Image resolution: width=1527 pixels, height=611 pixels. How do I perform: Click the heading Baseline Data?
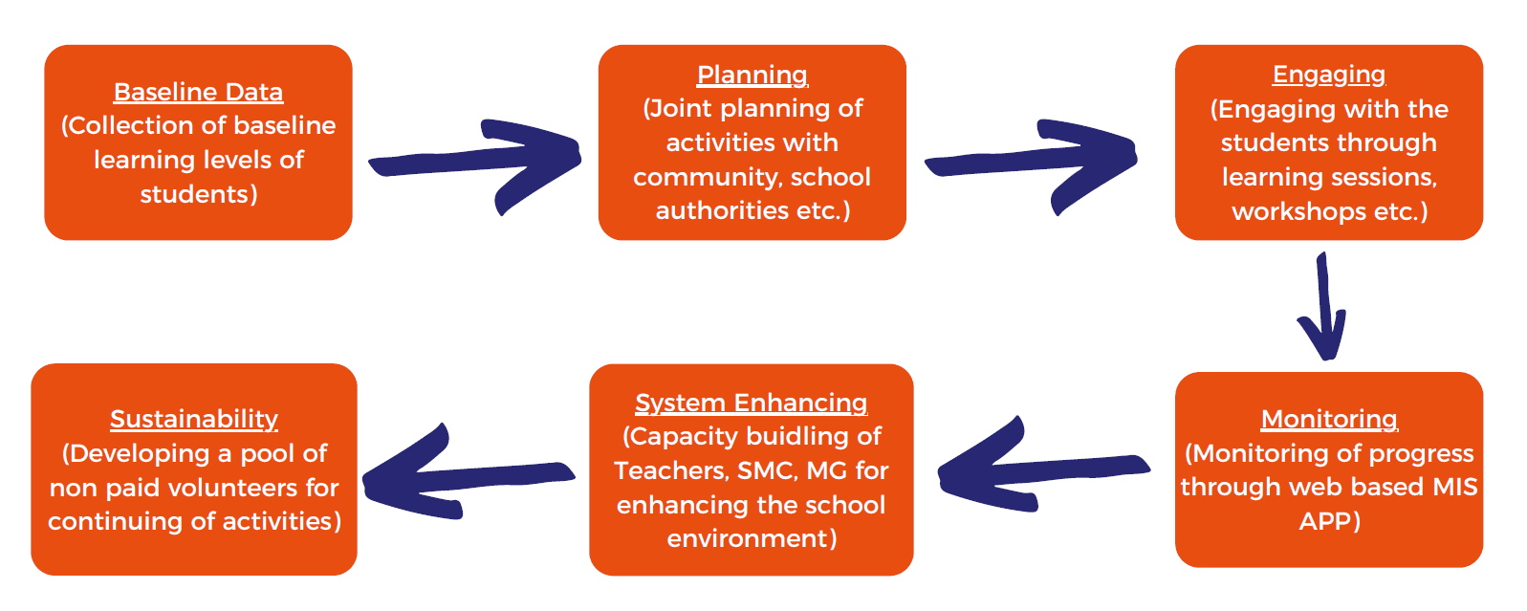pyautogui.click(x=198, y=92)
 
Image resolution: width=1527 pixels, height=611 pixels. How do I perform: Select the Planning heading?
pyautogui.click(x=753, y=75)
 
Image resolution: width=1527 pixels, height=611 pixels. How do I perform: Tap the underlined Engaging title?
pyautogui.click(x=1329, y=75)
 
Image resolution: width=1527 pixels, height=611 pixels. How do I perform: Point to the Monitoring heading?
pyautogui.click(x=1329, y=419)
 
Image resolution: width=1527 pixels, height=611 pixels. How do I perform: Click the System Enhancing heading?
pyautogui.click(x=752, y=403)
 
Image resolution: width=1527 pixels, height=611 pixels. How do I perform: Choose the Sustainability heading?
pyautogui.click(x=194, y=420)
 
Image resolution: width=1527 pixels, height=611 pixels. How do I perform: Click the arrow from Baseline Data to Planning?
pyautogui.click(x=475, y=164)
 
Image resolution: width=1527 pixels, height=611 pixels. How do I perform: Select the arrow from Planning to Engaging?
pyautogui.click(x=1031, y=164)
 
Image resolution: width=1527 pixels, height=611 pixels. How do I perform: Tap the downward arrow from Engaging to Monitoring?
pyautogui.click(x=1323, y=307)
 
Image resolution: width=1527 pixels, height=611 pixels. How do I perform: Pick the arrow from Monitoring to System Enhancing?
pyautogui.click(x=1043, y=468)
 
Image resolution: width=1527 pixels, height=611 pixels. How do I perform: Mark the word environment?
pyautogui.click(x=747, y=539)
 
